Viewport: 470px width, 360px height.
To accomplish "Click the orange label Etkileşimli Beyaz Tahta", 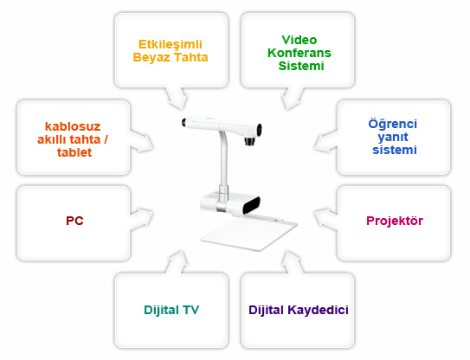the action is pyautogui.click(x=171, y=51).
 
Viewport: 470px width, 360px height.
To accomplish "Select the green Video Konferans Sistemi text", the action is pyautogui.click(x=299, y=53).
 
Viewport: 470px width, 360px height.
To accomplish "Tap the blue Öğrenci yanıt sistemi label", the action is pyautogui.click(x=393, y=137).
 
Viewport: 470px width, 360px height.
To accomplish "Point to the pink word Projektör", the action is pyautogui.click(x=395, y=221).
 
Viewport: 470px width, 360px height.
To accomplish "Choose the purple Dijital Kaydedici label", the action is pyautogui.click(x=299, y=310).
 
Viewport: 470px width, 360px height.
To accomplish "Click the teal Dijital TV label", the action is pyautogui.click(x=171, y=310).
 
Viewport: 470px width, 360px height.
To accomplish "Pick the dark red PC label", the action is pyautogui.click(x=74, y=221).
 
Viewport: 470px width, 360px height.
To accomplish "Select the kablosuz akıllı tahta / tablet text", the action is pyautogui.click(x=73, y=139).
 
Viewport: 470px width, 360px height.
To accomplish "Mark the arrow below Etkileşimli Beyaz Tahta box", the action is pyautogui.click(x=177, y=99).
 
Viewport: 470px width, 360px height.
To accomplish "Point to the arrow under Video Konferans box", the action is pyautogui.click(x=292, y=99).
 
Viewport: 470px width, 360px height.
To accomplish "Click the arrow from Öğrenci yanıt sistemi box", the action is pyautogui.click(x=325, y=142).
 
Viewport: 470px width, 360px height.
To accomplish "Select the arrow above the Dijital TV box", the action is pyautogui.click(x=177, y=262).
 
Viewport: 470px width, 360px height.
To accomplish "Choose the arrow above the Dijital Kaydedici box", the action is pyautogui.click(x=292, y=262).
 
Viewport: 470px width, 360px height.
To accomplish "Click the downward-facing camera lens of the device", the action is pyautogui.click(x=249, y=141).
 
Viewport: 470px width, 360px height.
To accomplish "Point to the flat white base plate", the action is pyautogui.click(x=249, y=234).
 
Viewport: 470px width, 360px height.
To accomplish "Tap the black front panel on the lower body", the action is pyautogui.click(x=251, y=204).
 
